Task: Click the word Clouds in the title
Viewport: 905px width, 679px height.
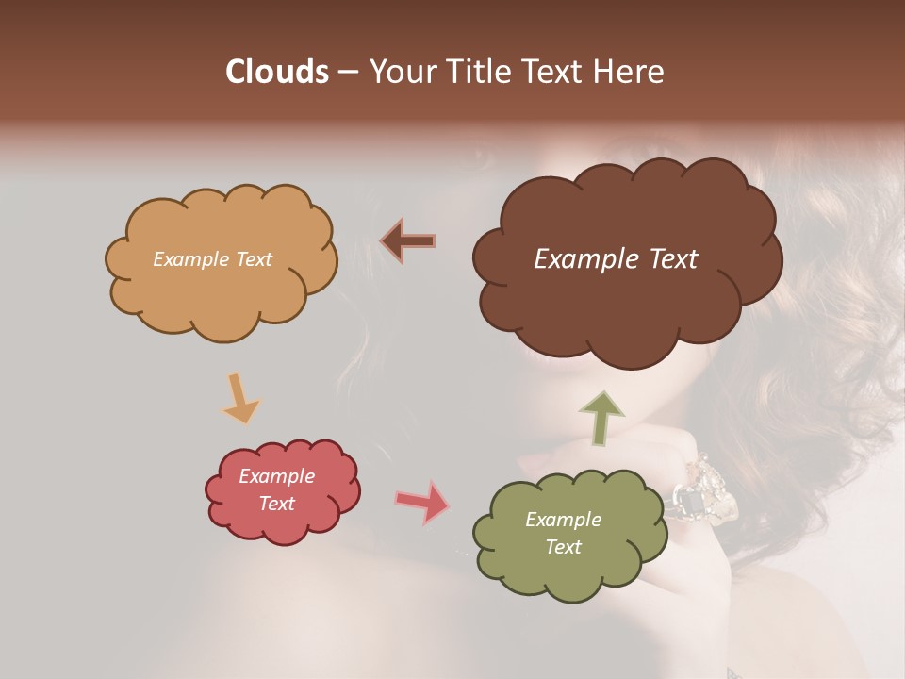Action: (277, 72)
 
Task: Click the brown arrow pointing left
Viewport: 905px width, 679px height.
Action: (407, 240)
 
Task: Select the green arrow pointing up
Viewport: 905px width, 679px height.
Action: (601, 418)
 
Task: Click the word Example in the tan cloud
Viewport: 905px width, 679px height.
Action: (189, 259)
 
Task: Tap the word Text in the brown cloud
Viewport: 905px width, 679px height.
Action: (665, 259)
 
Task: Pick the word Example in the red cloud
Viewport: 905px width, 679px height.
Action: (276, 476)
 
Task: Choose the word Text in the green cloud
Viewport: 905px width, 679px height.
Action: (563, 547)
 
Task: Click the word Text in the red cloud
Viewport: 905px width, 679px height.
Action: (277, 504)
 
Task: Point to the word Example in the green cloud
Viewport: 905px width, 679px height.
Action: (563, 520)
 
